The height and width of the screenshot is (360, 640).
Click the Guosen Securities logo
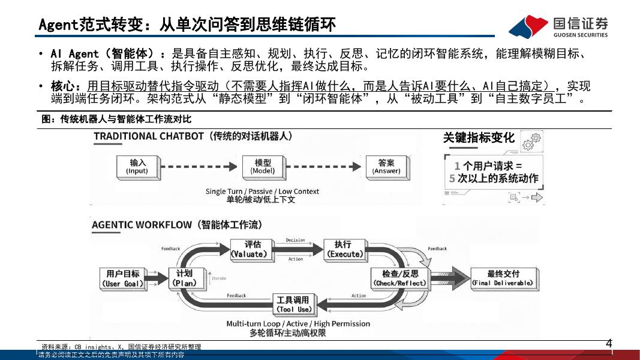click(558, 26)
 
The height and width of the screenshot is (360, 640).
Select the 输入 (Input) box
click(137, 166)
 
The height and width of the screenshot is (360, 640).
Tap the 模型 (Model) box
click(263, 166)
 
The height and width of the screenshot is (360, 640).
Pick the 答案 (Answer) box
click(386, 166)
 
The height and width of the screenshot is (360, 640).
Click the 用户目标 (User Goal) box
click(123, 278)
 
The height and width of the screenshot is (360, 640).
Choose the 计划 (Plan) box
click(184, 278)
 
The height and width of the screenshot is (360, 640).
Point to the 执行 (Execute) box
click(343, 249)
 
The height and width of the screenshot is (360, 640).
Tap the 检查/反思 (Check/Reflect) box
click(399, 278)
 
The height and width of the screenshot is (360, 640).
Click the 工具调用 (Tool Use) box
click(293, 304)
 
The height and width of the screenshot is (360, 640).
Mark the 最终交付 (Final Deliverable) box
click(503, 278)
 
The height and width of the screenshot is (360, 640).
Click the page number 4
click(609, 344)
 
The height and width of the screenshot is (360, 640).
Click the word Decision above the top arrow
click(295, 240)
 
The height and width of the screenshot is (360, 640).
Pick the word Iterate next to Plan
click(219, 278)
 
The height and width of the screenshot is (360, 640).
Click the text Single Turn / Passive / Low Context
click(262, 191)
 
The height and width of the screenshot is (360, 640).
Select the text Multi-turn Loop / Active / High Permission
click(298, 323)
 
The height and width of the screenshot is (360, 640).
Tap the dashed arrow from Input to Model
click(197, 166)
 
